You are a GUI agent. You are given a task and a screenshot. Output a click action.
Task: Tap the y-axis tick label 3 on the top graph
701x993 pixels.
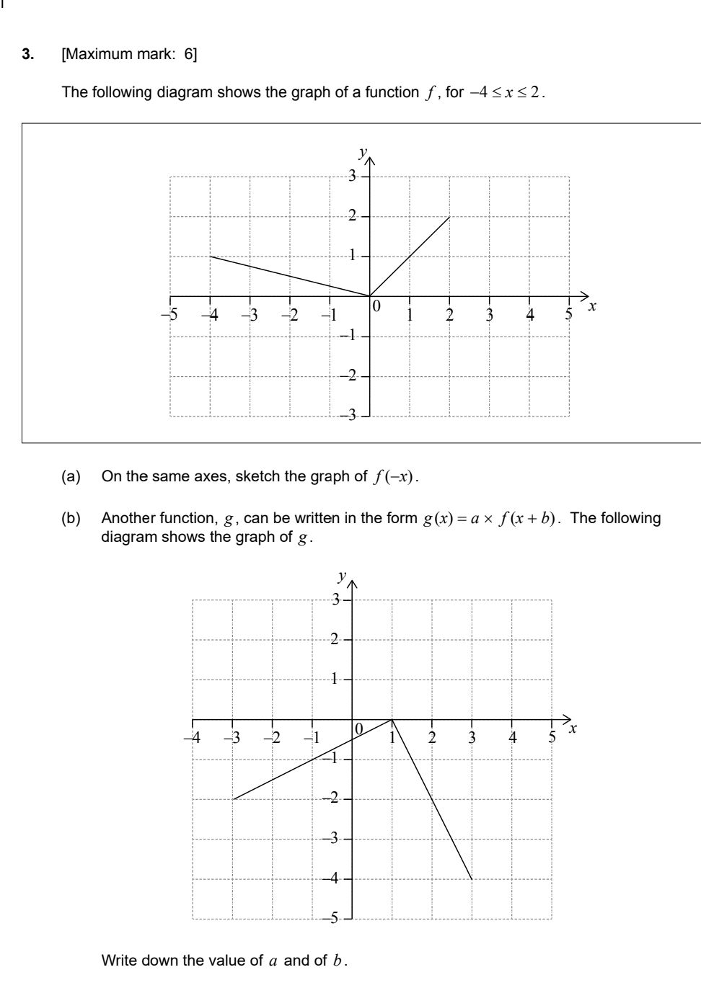tap(352, 176)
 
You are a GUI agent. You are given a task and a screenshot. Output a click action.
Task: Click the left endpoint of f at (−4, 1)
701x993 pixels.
tap(211, 256)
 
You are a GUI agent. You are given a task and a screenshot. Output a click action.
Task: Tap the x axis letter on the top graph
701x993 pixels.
tap(593, 306)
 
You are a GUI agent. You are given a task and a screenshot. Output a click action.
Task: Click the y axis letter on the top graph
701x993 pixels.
tap(363, 152)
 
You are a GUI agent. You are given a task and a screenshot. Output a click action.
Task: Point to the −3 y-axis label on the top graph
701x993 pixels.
tap(349, 416)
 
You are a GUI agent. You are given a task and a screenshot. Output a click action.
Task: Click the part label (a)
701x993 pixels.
tap(71, 476)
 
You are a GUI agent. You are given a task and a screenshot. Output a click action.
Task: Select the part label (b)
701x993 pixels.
tap(71, 518)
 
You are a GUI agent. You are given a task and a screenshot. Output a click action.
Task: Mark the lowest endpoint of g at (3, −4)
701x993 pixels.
tap(472, 879)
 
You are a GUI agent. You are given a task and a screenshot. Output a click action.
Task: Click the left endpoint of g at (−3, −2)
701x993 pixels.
tap(233, 799)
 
